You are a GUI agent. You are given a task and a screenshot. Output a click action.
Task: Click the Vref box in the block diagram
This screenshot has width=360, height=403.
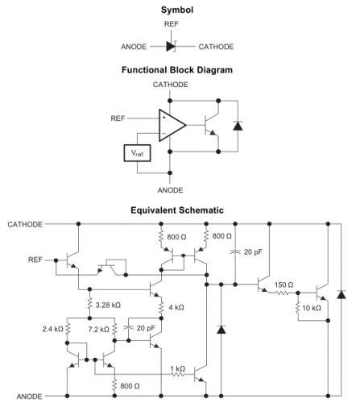click(137, 153)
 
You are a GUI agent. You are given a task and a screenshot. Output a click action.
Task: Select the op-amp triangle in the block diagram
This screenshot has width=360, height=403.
click(172, 125)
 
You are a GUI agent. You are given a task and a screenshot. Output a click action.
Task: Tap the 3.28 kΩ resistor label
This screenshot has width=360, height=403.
click(108, 305)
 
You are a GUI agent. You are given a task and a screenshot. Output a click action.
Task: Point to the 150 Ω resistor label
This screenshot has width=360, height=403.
click(283, 285)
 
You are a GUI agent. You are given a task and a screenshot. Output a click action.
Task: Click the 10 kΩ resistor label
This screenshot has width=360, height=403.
click(312, 308)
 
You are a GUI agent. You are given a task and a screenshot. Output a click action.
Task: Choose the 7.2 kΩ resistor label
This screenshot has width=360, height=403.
click(99, 330)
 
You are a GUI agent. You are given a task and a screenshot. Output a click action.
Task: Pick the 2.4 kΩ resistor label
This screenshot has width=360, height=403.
click(52, 329)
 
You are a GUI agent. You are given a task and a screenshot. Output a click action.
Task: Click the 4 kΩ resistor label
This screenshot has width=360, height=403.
click(176, 307)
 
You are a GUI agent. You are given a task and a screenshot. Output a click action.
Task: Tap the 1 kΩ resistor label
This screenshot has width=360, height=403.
click(178, 368)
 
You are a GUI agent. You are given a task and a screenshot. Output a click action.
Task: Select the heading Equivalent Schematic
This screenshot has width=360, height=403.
click(177, 210)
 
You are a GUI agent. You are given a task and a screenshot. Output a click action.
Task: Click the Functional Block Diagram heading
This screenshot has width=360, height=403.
click(177, 70)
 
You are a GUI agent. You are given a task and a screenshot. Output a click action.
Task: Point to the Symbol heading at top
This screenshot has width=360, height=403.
click(177, 10)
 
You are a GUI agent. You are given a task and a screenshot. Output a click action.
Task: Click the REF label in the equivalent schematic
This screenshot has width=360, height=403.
click(35, 260)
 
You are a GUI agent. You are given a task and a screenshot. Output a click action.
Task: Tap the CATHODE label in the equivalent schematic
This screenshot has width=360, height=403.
click(25, 224)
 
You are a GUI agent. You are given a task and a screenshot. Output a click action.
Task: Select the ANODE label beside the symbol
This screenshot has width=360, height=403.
click(134, 47)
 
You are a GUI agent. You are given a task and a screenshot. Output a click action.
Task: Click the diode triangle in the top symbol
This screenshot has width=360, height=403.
click(171, 47)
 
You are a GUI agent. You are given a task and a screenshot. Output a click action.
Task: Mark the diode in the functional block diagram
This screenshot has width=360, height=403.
click(238, 126)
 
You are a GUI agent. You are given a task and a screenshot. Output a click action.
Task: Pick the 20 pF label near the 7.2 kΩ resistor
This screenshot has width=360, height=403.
click(146, 328)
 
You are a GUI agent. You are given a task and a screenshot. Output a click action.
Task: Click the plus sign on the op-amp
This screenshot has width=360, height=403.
click(164, 118)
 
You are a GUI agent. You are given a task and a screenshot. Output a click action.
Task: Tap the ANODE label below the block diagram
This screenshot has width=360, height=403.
click(170, 190)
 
